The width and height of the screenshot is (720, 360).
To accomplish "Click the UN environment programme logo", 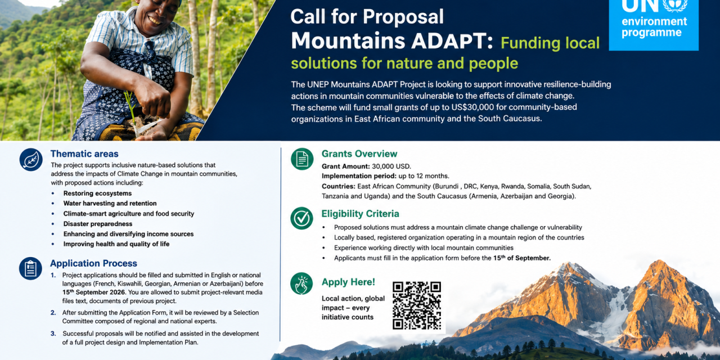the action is pyautogui.click(x=654, y=25).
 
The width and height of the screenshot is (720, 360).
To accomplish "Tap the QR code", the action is pyautogui.click(x=417, y=305).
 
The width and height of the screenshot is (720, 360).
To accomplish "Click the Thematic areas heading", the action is pyautogui.click(x=84, y=154).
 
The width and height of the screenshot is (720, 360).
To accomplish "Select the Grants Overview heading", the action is pyautogui.click(x=359, y=154).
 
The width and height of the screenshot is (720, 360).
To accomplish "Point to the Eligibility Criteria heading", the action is pyautogui.click(x=361, y=214).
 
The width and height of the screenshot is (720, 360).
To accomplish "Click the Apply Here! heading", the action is pyautogui.click(x=348, y=282).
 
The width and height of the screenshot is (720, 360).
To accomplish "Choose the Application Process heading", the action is pyautogui.click(x=93, y=263).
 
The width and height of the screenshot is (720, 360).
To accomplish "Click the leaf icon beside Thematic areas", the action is pyautogui.click(x=31, y=159).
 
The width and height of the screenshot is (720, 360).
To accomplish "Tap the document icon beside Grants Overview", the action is pyautogui.click(x=302, y=159).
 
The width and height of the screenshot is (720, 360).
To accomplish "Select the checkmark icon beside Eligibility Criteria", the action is pyautogui.click(x=302, y=218).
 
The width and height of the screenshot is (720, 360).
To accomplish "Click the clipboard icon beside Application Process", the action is pyautogui.click(x=30, y=268).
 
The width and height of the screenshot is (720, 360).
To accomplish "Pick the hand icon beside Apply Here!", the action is pyautogui.click(x=301, y=283).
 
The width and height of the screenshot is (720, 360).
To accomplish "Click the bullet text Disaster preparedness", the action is pyautogui.click(x=98, y=224).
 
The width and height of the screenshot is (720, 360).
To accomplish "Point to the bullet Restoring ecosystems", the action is pyautogui.click(x=97, y=193).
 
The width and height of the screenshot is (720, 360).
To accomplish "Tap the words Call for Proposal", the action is pyautogui.click(x=367, y=16).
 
